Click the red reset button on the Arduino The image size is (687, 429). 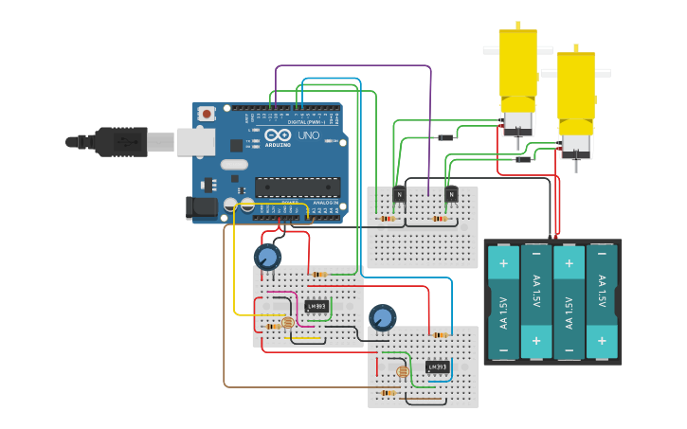[x=207, y=114]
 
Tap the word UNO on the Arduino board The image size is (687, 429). [x=308, y=136]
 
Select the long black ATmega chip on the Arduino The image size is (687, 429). [x=297, y=188]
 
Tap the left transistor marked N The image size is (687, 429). [x=399, y=195]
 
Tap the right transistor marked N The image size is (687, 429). [x=451, y=195]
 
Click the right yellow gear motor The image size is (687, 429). [x=576, y=99]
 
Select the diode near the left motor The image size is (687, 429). [x=444, y=137]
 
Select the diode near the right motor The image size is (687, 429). [x=523, y=159]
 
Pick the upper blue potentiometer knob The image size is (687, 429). [x=268, y=257]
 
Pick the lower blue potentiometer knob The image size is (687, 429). [x=382, y=317]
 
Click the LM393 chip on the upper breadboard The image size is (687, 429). [x=316, y=306]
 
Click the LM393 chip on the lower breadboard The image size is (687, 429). [x=437, y=366]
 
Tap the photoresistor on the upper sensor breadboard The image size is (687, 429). [x=288, y=324]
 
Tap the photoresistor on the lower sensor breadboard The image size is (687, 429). [x=403, y=372]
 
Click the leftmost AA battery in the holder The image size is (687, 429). [x=503, y=302]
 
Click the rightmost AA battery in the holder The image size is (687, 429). [x=602, y=302]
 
